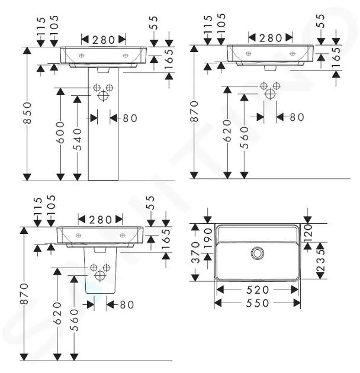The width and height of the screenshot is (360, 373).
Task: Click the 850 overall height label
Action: (28, 112)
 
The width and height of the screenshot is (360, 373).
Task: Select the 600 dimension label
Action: (60, 133)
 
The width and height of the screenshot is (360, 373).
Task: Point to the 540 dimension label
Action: (78, 140)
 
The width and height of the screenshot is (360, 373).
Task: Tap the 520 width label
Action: (258, 290)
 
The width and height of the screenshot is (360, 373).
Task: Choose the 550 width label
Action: (258, 303)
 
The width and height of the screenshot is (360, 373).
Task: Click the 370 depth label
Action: (195, 252)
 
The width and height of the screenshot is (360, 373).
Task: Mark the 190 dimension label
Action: (208, 239)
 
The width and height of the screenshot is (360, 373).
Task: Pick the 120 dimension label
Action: (308, 233)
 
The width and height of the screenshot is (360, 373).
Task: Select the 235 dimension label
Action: (320, 261)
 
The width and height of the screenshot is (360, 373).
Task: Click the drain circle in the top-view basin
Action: (258, 253)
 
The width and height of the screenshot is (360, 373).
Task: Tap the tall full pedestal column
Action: (103, 124)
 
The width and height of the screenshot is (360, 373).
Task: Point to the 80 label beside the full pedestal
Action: (130, 118)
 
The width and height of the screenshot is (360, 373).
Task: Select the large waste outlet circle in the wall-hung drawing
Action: (270, 94)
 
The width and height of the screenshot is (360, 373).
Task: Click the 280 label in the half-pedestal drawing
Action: (100, 220)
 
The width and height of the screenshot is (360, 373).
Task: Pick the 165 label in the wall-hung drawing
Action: (336, 57)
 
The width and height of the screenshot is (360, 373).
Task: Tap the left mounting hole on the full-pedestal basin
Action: (81, 56)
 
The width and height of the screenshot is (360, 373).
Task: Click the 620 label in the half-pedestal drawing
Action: (57, 313)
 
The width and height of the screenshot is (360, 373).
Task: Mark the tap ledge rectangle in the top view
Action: (258, 234)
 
